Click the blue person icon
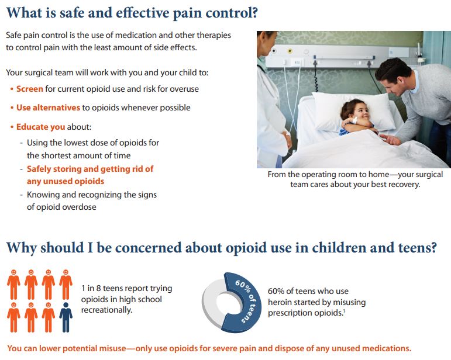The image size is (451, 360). (x=66, y=317)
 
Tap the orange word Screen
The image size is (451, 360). (x=30, y=89)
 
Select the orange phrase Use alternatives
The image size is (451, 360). (x=48, y=108)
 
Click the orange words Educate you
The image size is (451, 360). (x=40, y=127)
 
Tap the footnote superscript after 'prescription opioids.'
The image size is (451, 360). (x=344, y=310)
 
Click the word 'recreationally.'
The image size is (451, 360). (x=106, y=310)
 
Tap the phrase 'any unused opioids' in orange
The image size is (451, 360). (x=66, y=182)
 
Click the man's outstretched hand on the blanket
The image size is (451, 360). (x=390, y=140)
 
